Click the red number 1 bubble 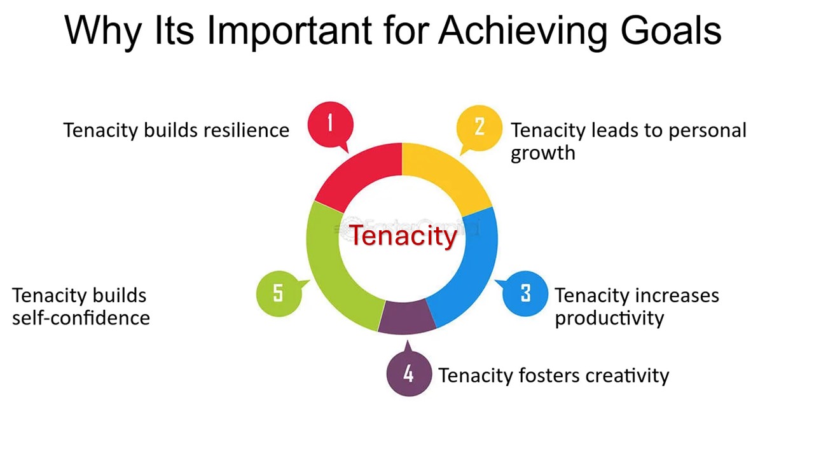coord(330,125)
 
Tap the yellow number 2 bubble coord(479,128)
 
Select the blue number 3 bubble coord(525,294)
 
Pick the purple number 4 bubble coord(409,373)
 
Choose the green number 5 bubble coord(279,294)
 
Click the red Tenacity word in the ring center coord(403,235)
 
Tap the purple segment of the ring coord(407,317)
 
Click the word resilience coord(246,130)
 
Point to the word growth coord(543,153)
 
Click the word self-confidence coord(81,318)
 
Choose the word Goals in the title coord(671,31)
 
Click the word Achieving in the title coord(523,32)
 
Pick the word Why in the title coord(103,32)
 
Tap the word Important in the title coord(289,32)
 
